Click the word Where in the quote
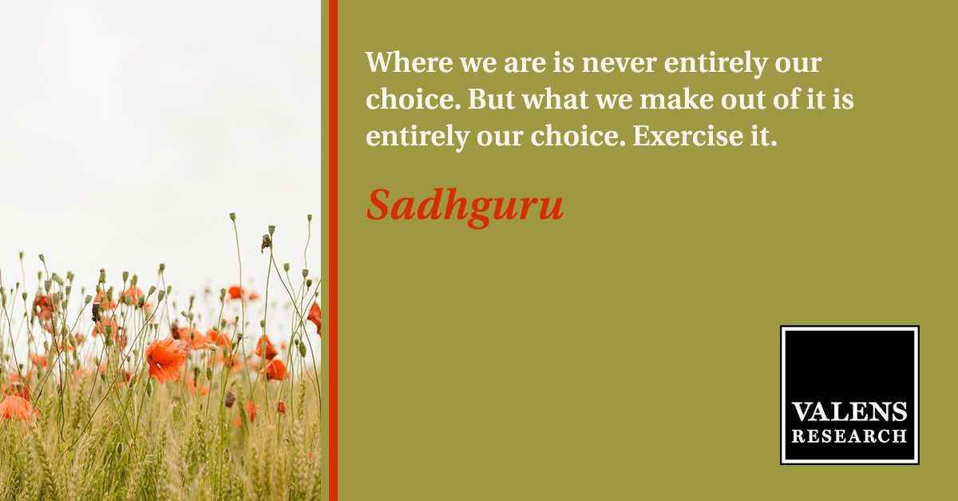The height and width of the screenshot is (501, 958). (x=410, y=62)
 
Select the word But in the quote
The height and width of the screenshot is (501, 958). (x=492, y=99)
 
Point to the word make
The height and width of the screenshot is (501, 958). (x=676, y=99)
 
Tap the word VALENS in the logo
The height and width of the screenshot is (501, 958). (x=849, y=412)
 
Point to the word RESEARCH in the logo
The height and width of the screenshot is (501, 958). (x=849, y=436)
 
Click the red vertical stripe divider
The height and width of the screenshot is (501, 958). (x=333, y=251)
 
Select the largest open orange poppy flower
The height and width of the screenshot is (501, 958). (x=165, y=359)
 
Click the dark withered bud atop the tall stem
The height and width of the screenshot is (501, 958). (x=266, y=243)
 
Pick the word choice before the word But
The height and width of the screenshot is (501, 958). (x=414, y=99)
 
